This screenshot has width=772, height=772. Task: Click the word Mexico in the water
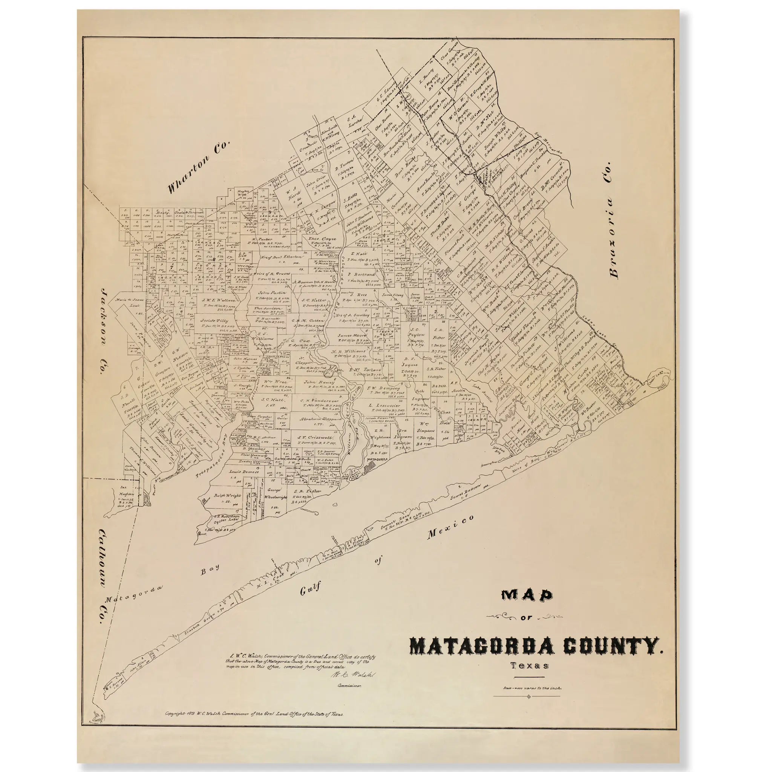click(451, 527)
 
